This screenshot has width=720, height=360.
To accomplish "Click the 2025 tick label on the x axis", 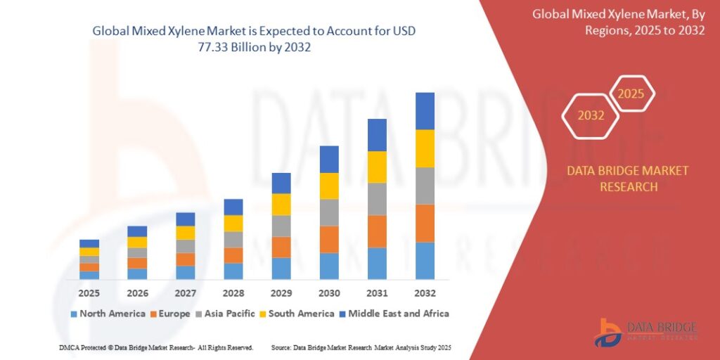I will pyautogui.click(x=89, y=292).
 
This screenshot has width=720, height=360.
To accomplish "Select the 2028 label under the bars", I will pyautogui.click(x=233, y=292).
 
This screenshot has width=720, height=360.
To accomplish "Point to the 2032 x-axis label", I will pyautogui.click(x=425, y=292).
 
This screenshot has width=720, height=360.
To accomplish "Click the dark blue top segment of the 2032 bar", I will pyautogui.click(x=425, y=111).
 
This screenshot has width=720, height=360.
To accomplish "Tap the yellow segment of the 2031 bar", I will pyautogui.click(x=377, y=167).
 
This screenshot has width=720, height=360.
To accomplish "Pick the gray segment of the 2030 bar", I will pyautogui.click(x=329, y=212).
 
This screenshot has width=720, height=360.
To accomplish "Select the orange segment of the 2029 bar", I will pyautogui.click(x=281, y=247).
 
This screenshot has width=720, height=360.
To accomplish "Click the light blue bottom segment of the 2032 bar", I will pyautogui.click(x=425, y=261).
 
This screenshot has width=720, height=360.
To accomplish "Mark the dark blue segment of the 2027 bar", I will pyautogui.click(x=186, y=219).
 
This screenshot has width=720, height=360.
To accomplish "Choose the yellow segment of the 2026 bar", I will pyautogui.click(x=138, y=242).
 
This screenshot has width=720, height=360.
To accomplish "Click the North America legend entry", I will pyautogui.click(x=108, y=314).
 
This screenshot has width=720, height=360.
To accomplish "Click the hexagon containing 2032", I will pyautogui.click(x=591, y=115).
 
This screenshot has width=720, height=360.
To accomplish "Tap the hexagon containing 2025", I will pyautogui.click(x=631, y=94).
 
